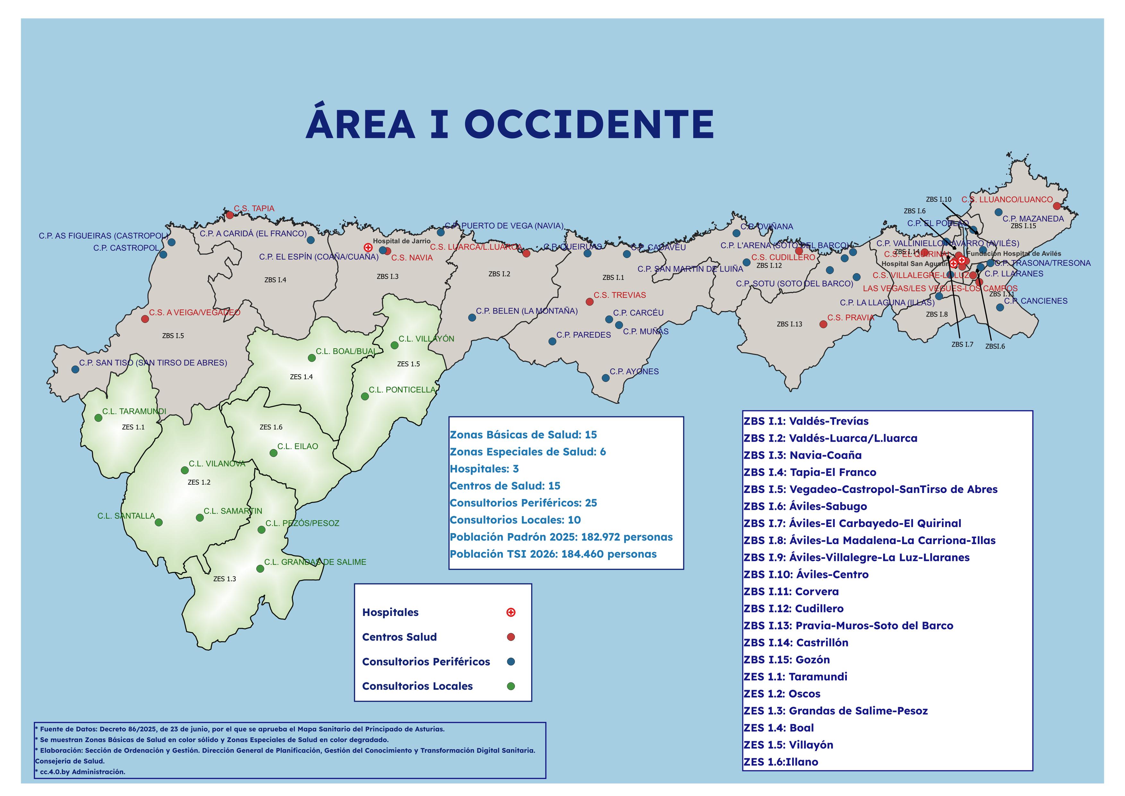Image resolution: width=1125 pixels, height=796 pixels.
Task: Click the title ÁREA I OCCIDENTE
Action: point(510,124)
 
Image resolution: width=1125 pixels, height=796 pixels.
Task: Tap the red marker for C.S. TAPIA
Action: point(230,215)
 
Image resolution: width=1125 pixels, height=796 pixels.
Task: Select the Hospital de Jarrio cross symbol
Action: point(368,247)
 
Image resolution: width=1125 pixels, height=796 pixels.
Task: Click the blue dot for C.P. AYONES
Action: point(606,378)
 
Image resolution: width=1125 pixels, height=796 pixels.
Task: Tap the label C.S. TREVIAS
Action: point(619,295)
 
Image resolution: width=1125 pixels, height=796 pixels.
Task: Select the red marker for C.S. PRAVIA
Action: point(823,324)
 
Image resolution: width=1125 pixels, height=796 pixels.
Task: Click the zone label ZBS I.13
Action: point(789,324)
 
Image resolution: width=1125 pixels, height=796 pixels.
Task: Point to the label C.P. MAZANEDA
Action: point(1033,219)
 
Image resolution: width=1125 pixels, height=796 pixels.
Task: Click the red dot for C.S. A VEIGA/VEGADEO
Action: point(145,319)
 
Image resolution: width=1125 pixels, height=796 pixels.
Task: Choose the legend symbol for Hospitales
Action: point(511,612)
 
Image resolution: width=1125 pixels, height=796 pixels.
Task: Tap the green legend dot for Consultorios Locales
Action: point(511,686)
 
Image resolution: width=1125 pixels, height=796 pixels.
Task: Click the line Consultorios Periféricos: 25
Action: point(523,503)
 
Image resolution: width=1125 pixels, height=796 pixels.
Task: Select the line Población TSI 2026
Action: point(553,554)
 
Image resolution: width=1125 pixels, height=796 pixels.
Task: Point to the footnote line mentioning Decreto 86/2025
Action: point(240,729)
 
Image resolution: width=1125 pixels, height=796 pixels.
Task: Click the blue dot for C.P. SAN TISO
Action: point(75,369)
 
